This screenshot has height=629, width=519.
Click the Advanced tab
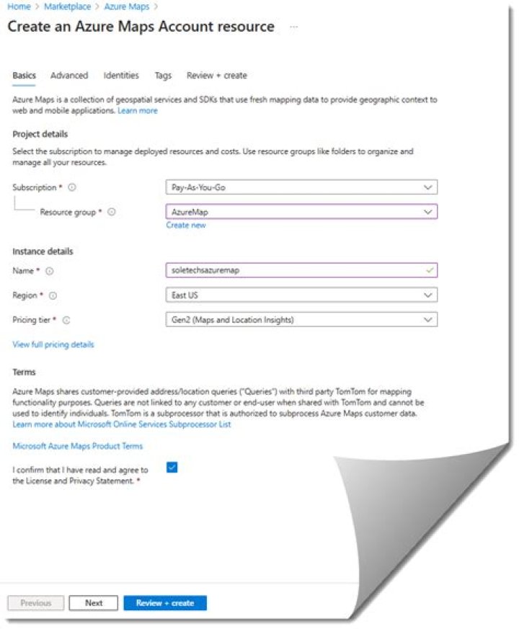(x=69, y=76)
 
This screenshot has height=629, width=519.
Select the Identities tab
(x=121, y=76)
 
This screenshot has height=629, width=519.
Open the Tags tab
(x=163, y=76)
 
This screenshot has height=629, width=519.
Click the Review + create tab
(x=216, y=76)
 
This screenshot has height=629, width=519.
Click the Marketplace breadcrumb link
(x=67, y=6)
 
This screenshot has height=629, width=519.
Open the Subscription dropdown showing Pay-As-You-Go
(x=301, y=187)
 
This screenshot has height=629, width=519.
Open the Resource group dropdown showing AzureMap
(x=301, y=212)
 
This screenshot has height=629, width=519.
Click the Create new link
(x=186, y=226)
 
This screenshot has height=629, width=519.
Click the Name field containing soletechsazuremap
(x=301, y=271)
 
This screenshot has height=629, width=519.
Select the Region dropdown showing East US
(x=301, y=295)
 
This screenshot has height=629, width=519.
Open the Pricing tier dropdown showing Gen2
(x=301, y=319)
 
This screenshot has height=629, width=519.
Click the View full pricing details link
(x=53, y=344)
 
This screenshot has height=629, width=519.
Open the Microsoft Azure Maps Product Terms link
(x=77, y=446)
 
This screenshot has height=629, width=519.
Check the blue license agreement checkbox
(x=172, y=467)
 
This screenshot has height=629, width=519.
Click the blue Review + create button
(x=165, y=603)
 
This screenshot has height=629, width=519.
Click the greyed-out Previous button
(x=36, y=603)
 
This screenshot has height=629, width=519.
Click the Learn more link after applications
(x=138, y=111)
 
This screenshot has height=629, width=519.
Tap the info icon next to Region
(x=53, y=295)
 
